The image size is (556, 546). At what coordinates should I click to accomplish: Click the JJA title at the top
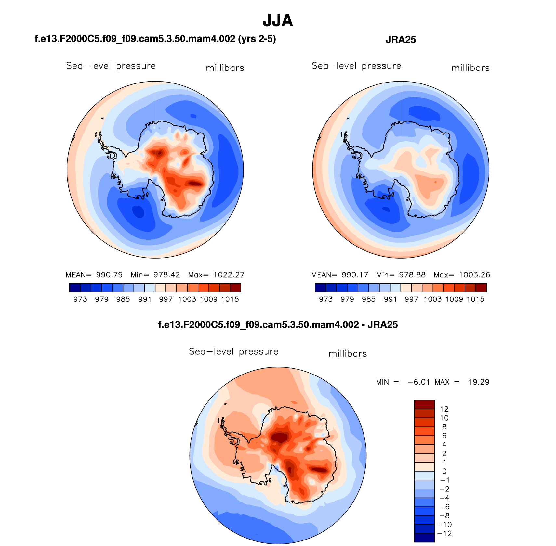click(x=278, y=20)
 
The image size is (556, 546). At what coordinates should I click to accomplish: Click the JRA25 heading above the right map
click(x=401, y=40)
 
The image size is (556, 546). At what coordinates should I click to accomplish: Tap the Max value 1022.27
click(x=229, y=275)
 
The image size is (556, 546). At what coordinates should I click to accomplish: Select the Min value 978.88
click(x=412, y=275)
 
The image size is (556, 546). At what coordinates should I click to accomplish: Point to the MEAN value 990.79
click(x=109, y=275)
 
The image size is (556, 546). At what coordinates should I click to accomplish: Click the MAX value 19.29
click(x=479, y=382)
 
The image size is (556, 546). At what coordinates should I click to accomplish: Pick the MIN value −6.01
click(x=419, y=382)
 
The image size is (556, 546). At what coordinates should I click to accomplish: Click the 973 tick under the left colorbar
click(x=80, y=299)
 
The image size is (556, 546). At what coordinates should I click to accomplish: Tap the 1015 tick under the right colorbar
click(x=475, y=299)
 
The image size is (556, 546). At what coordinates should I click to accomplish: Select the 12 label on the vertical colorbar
click(x=444, y=409)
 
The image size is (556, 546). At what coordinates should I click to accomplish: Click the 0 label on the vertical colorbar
click(x=444, y=471)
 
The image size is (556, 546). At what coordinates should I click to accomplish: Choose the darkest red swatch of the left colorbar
click(x=235, y=287)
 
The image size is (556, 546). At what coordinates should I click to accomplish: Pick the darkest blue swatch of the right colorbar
click(x=320, y=287)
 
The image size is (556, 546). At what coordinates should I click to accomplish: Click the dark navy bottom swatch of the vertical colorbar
click(x=424, y=538)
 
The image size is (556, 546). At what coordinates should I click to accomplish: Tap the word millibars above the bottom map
click(x=348, y=354)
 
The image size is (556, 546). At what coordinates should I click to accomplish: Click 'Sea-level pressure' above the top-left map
click(x=111, y=66)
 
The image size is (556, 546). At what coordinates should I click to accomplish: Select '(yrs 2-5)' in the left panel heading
click(x=257, y=39)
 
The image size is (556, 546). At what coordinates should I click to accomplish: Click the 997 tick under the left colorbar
click(x=166, y=299)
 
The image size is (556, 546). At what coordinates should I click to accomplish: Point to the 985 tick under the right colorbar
click(x=369, y=299)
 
